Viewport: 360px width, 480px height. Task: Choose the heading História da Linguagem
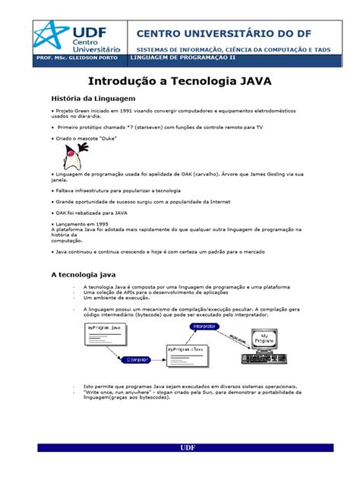click(93, 99)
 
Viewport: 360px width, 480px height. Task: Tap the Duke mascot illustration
click(73, 158)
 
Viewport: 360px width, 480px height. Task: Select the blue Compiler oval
click(138, 358)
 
